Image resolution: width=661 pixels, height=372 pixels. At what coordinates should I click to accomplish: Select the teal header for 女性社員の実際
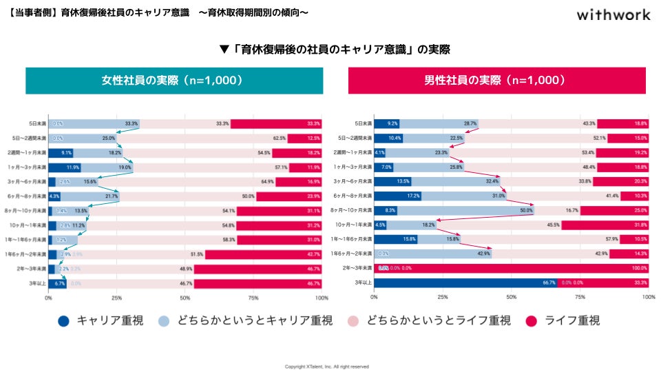(174, 80)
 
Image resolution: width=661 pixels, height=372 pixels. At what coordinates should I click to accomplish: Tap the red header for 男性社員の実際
(496, 80)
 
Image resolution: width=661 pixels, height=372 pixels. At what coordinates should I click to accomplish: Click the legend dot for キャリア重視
(64, 320)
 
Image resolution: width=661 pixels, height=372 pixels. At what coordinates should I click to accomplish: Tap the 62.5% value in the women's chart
(280, 138)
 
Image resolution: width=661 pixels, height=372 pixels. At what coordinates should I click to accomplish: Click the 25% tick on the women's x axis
(117, 298)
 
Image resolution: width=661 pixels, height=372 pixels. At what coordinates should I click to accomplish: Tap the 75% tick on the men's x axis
(580, 298)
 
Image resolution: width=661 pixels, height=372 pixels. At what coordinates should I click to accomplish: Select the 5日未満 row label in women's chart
(36, 124)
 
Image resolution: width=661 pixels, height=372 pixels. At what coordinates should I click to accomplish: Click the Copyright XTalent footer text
(327, 366)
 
